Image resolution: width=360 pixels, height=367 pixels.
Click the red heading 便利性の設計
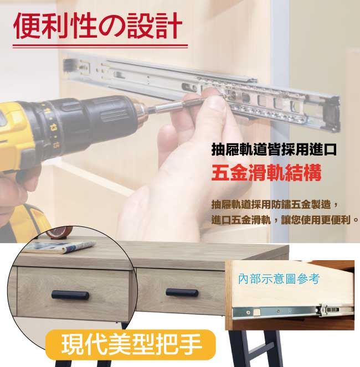point(97,26)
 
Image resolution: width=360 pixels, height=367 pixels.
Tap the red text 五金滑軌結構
point(266,173)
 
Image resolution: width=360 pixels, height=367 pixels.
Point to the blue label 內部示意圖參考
point(279,279)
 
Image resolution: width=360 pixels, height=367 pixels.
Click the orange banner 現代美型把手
point(131,344)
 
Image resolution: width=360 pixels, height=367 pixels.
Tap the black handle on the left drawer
point(70,295)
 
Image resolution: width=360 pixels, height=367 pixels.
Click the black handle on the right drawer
point(182,293)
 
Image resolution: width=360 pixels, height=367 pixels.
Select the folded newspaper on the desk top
point(61,247)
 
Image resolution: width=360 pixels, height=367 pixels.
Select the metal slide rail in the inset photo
point(293,311)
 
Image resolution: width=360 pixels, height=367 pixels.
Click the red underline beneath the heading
point(100,46)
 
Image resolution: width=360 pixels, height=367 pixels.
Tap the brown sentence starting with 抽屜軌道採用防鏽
point(274,204)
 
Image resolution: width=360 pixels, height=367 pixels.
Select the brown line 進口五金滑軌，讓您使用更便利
point(285,220)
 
